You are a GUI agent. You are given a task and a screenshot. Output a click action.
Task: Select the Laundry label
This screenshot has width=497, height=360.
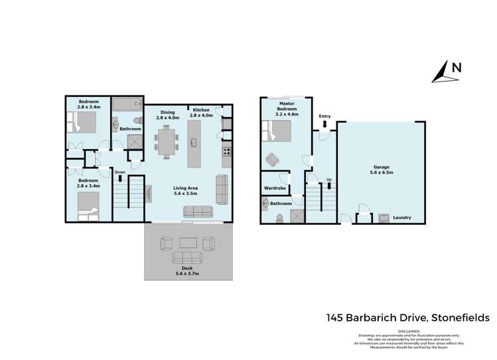(401, 217)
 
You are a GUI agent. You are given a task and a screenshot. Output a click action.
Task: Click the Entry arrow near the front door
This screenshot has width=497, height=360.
(324, 124)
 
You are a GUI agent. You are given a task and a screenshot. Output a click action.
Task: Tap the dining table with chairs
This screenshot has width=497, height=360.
(167, 141)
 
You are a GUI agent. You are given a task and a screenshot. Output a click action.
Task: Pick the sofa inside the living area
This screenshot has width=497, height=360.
(197, 211)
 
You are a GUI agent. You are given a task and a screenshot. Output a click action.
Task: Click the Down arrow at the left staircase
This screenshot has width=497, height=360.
(120, 178)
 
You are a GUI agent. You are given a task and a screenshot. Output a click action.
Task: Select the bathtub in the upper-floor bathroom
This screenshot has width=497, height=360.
(126, 105)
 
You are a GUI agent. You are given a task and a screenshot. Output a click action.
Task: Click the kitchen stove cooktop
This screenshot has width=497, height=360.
(226, 151)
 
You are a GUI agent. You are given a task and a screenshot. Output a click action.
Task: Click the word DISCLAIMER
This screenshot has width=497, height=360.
(409, 330)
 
